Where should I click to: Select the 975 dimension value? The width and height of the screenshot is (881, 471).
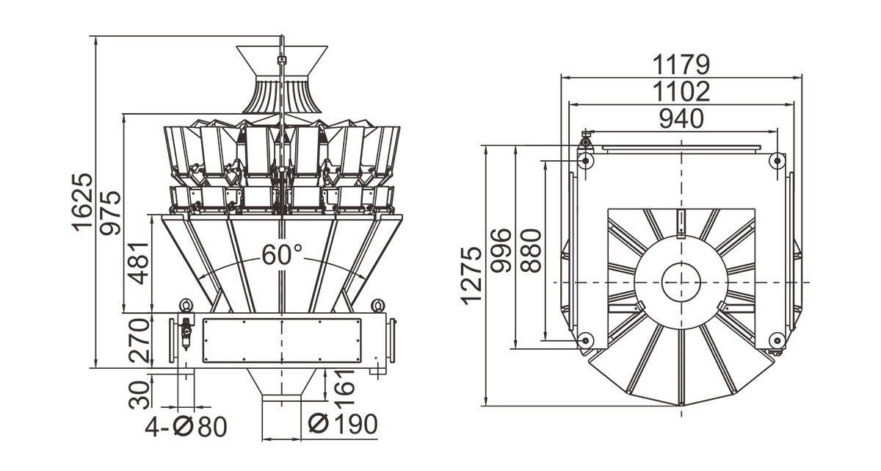click(x=110, y=213)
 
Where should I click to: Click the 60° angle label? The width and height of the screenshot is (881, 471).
click(x=282, y=255)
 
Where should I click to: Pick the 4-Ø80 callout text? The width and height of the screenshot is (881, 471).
click(x=186, y=426)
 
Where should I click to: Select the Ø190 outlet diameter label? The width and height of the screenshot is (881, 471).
click(x=342, y=424)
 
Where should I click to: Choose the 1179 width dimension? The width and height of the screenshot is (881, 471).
click(x=681, y=65)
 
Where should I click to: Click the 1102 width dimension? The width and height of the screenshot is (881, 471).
click(x=681, y=92)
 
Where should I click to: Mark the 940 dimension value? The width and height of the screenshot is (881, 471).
click(x=681, y=118)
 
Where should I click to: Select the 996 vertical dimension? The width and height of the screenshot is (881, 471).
click(x=502, y=251)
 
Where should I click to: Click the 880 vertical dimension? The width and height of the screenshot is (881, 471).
click(x=531, y=251)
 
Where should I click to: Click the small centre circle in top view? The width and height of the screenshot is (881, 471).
click(x=681, y=282)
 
